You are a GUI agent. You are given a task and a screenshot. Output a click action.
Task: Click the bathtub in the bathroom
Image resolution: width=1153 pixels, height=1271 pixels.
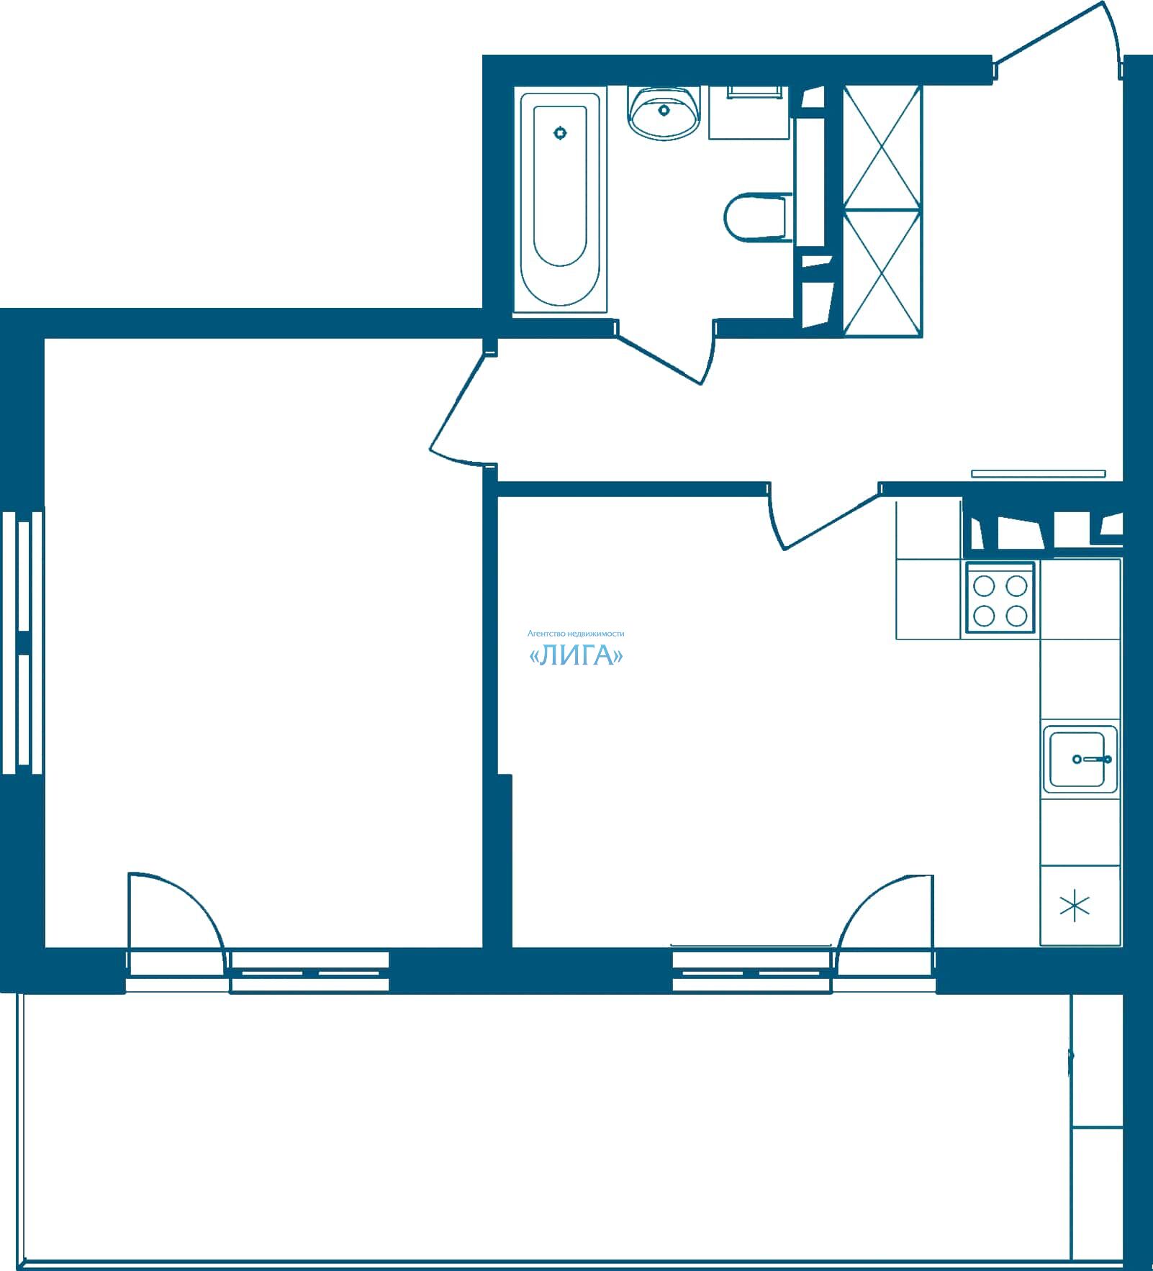tap(560, 202)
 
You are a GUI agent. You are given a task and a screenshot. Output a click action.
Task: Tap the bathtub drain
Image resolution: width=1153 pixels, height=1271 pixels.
tap(561, 132)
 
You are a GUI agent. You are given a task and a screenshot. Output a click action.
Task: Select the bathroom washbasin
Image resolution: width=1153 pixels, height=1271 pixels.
tap(664, 111)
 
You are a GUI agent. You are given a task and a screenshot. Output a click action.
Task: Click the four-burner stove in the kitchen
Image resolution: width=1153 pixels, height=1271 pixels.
tap(1000, 599)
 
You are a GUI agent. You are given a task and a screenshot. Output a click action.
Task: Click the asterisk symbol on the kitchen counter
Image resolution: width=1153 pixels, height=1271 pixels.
tap(1075, 906)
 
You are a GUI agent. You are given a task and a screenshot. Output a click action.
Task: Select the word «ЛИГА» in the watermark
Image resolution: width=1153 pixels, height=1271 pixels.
tap(576, 656)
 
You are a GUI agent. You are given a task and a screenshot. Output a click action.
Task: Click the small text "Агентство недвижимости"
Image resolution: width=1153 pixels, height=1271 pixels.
tap(576, 634)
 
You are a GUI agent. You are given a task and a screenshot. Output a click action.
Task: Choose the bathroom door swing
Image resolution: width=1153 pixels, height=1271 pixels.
tap(666, 352)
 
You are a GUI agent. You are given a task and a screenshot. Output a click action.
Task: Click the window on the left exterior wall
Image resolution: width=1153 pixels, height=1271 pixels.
tap(22, 641)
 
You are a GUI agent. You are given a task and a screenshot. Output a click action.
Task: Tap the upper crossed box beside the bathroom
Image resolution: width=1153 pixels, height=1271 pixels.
tap(882, 147)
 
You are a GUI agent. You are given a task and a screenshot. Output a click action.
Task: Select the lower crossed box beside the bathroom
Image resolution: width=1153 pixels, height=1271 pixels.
tap(882, 273)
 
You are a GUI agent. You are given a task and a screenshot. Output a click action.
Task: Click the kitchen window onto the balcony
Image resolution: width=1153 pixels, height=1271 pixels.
tap(752, 972)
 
